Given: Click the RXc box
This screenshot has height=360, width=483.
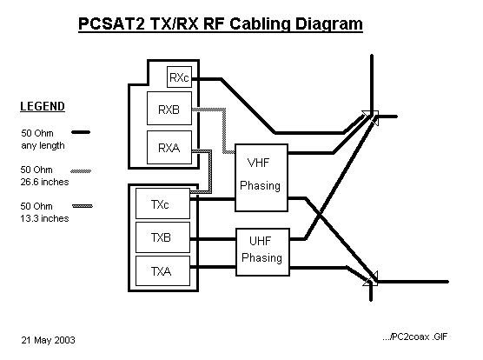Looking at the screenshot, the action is [179, 77].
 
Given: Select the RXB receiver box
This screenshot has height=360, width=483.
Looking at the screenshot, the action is [169, 108].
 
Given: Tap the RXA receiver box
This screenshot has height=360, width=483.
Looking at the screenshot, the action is [169, 147].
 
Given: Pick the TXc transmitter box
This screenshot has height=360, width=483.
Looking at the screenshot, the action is [162, 203].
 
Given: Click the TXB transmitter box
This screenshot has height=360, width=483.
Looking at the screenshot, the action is [162, 237].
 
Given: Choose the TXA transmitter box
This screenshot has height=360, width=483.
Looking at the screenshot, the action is [162, 271].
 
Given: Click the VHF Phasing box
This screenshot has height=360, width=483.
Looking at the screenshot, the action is [261, 177].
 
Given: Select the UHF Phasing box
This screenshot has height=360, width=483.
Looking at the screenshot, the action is [262, 252].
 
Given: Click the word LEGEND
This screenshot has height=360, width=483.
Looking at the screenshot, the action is [43, 106].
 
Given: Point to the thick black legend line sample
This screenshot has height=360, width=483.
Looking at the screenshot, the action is [81, 132].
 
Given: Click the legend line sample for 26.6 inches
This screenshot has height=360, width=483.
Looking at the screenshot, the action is [81, 171].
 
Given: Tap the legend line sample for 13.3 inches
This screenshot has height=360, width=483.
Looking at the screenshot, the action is [83, 206].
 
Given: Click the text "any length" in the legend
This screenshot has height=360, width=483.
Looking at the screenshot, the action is [43, 145].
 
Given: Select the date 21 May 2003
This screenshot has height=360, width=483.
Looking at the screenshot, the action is [48, 340].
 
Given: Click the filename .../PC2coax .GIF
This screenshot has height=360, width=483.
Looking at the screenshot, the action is [414, 337].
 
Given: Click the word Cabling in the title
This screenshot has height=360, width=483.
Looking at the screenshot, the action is [261, 24].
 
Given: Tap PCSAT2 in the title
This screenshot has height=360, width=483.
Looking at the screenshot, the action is [111, 24].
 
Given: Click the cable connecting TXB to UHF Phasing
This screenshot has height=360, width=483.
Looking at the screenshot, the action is [213, 239].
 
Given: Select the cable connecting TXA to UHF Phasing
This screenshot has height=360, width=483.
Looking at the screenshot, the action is [213, 267].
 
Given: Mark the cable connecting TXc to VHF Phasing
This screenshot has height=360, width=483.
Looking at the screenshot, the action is [213, 199].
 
